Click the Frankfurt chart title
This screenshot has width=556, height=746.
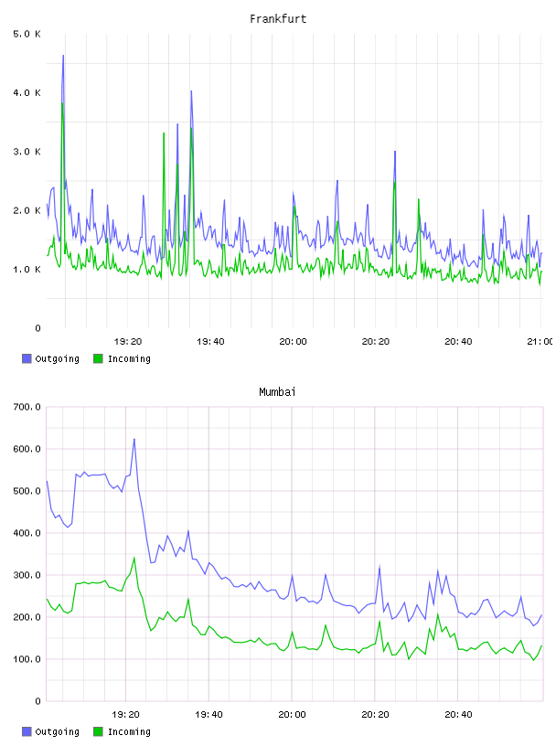[278, 19]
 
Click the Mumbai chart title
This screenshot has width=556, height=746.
[277, 392]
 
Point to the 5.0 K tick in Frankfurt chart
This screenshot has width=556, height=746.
[27, 34]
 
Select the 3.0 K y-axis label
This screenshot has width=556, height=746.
[27, 152]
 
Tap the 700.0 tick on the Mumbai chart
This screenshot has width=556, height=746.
[27, 407]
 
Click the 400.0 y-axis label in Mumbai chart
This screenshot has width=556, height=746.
[27, 533]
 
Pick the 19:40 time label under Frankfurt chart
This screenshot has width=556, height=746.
[210, 342]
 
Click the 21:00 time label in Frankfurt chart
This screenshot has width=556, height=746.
[540, 342]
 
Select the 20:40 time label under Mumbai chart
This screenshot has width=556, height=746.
[458, 715]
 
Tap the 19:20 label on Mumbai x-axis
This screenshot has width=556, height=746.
[125, 715]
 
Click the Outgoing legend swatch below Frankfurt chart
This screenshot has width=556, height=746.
[27, 358]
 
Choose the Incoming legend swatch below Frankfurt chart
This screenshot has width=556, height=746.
[98, 358]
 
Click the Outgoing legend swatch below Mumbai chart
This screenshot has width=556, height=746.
[27, 731]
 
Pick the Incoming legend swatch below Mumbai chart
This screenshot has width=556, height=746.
[98, 731]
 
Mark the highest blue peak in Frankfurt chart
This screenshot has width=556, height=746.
[63, 56]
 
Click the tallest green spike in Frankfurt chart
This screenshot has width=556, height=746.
[62, 103]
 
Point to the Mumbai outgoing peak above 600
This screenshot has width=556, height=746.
[134, 439]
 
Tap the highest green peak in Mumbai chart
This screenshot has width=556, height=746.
[134, 558]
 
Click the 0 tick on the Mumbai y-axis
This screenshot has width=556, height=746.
[38, 701]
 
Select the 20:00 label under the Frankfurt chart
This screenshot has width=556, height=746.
[293, 342]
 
